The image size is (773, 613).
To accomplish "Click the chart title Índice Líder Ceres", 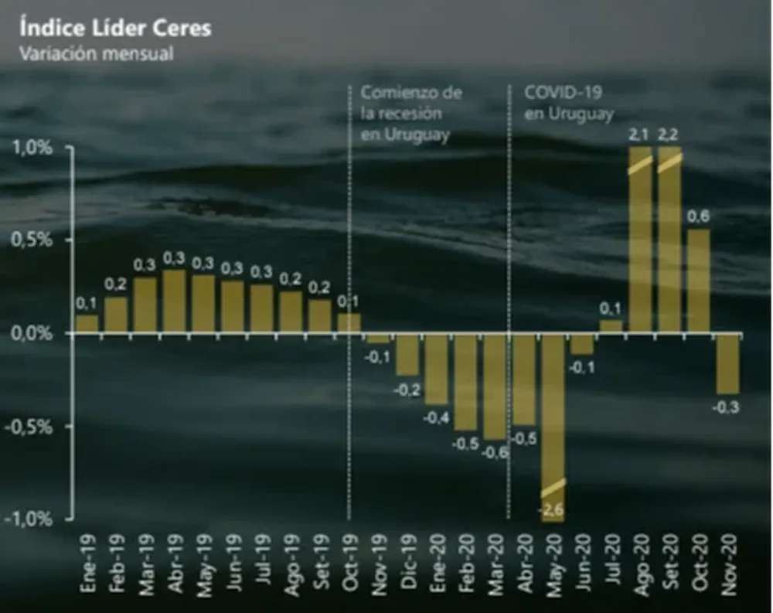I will pyautogui.click(x=115, y=29).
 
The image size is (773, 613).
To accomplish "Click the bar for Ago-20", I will pyautogui.click(x=640, y=240).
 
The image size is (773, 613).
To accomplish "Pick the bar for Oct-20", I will pyautogui.click(x=698, y=281).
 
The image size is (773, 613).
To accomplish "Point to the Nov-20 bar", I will pyautogui.click(x=727, y=363).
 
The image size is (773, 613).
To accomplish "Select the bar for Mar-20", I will pyautogui.click(x=495, y=386).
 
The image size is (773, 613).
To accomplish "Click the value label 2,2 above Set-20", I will pyautogui.click(x=668, y=135).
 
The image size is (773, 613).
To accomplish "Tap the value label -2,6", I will pyautogui.click(x=553, y=510).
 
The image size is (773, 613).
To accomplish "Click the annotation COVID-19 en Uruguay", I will pyautogui.click(x=569, y=103).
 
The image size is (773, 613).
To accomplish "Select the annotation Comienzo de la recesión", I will pyautogui.click(x=411, y=114).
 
